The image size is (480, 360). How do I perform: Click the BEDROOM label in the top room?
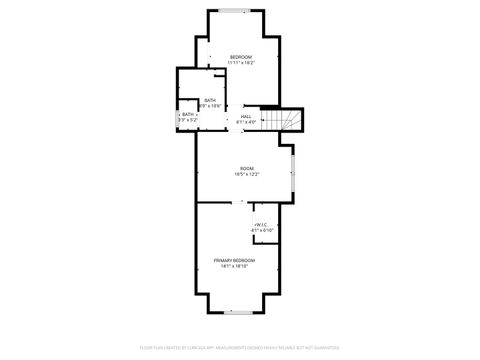point(240,56)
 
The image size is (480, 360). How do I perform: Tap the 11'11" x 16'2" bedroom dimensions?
point(240,63)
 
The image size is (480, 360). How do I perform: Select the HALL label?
point(245,116)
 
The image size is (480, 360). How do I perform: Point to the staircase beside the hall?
point(287,120)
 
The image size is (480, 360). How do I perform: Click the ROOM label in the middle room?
point(246,168)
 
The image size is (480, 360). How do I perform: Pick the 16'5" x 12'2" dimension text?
point(246,175)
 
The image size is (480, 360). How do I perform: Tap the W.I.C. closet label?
point(262,224)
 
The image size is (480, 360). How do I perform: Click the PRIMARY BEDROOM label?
point(234,259)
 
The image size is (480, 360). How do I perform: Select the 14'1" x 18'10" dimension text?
point(234,266)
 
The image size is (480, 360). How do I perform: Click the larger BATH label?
point(210,100)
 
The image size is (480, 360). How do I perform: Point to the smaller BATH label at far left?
point(188,114)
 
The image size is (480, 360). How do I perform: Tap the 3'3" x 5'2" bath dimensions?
point(188,120)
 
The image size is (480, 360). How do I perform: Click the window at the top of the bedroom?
point(236,10)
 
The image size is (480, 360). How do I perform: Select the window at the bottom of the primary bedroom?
point(236,312)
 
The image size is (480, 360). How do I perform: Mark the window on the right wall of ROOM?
point(292,170)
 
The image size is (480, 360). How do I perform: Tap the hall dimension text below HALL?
point(245,122)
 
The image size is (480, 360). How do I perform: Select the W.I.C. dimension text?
point(262,230)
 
